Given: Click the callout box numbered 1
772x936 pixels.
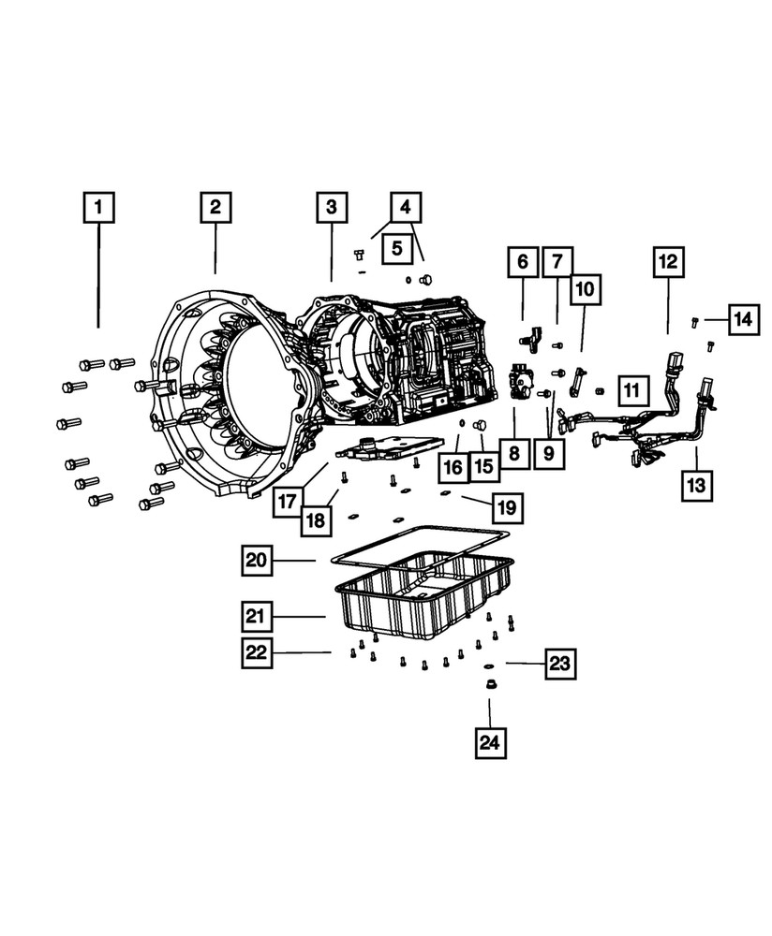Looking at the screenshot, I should (98, 207).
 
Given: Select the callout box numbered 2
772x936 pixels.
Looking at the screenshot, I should (215, 207).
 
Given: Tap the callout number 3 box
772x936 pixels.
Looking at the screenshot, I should (332, 207).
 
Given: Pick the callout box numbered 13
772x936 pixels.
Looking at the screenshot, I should (697, 485).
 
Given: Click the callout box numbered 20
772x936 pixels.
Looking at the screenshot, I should (258, 561).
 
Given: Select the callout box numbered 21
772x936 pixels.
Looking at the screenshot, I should (258, 616).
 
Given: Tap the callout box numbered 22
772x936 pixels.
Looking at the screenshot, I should (258, 652).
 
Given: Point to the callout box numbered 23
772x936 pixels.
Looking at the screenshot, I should (559, 665).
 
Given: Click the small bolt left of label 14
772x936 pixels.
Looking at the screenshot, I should (694, 321).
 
